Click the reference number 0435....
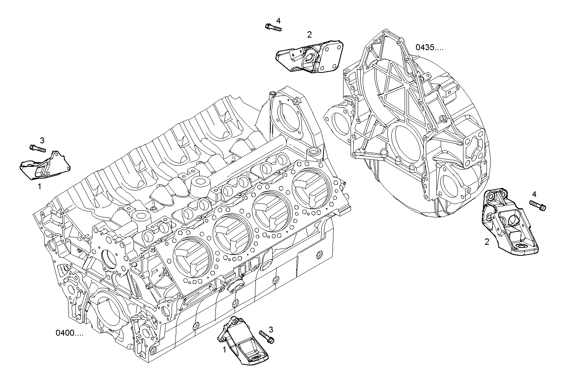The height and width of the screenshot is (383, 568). (429, 48)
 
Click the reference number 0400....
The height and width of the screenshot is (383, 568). (69, 333)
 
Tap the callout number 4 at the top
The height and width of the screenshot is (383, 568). (278, 20)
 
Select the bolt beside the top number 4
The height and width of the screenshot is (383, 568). (273, 27)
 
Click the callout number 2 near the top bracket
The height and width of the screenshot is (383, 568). (309, 35)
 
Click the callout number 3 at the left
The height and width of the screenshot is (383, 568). (42, 140)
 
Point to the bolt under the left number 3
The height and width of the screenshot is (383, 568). (38, 148)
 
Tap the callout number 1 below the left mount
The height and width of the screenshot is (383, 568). (39, 187)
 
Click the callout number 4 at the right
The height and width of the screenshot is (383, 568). (534, 194)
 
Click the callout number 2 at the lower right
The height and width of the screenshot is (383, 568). (487, 242)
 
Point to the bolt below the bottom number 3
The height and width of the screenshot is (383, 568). (267, 337)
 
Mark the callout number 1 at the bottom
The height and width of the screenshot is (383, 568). (224, 350)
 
